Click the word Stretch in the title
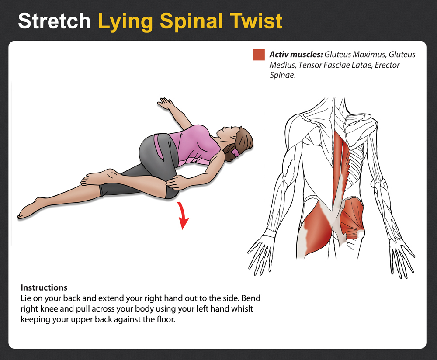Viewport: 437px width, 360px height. [x=54, y=21]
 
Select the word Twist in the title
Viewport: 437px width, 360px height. [x=257, y=21]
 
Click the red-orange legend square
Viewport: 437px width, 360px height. [x=259, y=55]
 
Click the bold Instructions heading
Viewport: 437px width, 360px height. [x=44, y=287]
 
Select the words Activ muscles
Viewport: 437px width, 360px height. [x=296, y=55]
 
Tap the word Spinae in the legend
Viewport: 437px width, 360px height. [x=282, y=75]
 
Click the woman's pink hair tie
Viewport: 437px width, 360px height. [x=236, y=152]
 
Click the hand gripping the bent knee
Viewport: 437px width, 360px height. [x=175, y=182]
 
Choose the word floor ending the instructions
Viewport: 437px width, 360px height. [x=166, y=319]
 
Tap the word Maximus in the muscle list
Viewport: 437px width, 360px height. [x=369, y=55]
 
